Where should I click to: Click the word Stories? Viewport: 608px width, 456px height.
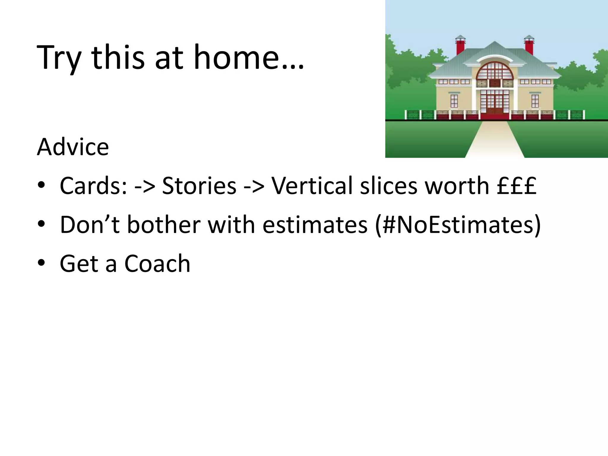pyautogui.click(x=199, y=186)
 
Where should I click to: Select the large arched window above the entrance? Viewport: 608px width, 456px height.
pyautogui.click(x=495, y=71)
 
